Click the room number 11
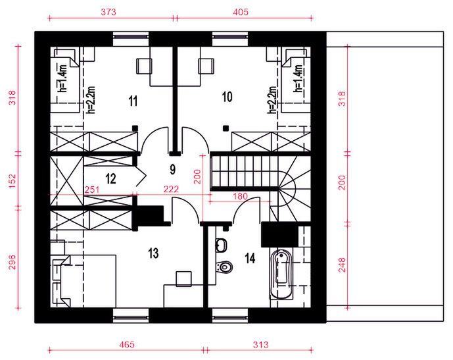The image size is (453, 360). pos(132,101)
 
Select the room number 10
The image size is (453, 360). pos(227,97)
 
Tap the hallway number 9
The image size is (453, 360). pos(172,169)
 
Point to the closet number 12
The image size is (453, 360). pos(110,177)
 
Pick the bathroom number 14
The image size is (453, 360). pos(251,257)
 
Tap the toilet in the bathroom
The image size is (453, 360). pos(226,267)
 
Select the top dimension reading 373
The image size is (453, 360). pos(108,12)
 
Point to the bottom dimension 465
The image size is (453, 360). pos(127,344)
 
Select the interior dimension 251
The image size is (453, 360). pos(92,190)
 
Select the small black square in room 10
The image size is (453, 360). pos(226,126)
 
